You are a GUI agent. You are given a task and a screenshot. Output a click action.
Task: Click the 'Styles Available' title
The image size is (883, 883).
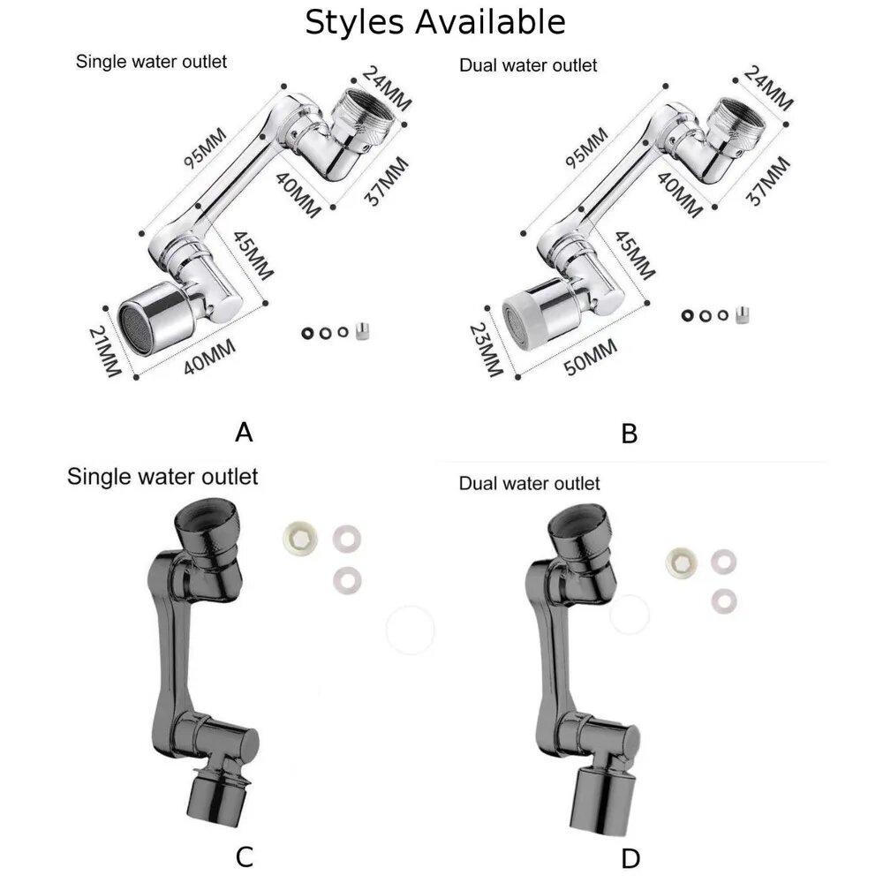pyautogui.click(x=434, y=23)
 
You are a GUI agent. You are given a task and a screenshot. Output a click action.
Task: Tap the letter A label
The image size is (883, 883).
pyautogui.click(x=244, y=433)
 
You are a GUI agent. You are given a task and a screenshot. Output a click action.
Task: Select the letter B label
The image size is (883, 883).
pyautogui.click(x=629, y=434)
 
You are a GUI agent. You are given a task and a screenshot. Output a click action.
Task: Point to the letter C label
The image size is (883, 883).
pyautogui.click(x=244, y=857)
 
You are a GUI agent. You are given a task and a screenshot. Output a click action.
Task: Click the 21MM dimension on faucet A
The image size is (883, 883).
pyautogui.click(x=105, y=351)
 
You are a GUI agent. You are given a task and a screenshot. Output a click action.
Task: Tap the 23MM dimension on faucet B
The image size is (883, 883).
pyautogui.click(x=486, y=349)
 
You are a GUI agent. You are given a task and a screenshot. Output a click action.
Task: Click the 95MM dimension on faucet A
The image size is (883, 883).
pyautogui.click(x=205, y=147)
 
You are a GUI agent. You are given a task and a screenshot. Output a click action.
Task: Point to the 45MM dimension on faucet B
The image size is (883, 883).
pyautogui.click(x=635, y=256)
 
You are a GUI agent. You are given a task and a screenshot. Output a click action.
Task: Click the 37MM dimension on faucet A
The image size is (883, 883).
pyautogui.click(x=387, y=181)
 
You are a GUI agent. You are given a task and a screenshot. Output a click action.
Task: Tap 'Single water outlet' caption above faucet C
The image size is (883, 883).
pyautogui.click(x=162, y=477)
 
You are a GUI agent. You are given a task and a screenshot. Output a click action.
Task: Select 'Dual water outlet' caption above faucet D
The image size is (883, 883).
pyautogui.click(x=529, y=483)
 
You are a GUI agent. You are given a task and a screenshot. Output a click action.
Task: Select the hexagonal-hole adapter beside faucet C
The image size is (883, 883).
pyautogui.click(x=299, y=538)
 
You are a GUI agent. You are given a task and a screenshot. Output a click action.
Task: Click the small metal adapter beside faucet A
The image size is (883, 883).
pyautogui.click(x=362, y=331)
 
